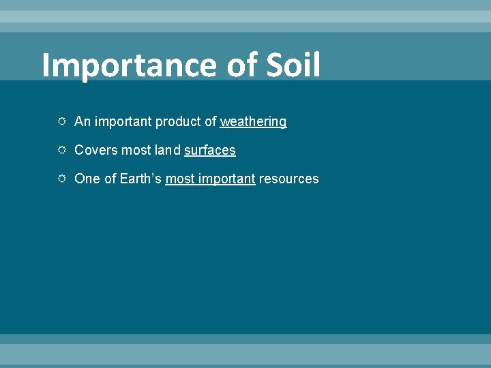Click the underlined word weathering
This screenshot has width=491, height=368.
(x=253, y=122)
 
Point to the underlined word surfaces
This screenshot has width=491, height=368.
(x=209, y=151)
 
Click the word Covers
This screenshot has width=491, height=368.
(x=95, y=151)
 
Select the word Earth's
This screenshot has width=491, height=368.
(x=140, y=179)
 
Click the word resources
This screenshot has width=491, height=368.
(x=288, y=179)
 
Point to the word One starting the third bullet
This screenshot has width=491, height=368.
(x=87, y=179)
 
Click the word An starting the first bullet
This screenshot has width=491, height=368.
(x=82, y=122)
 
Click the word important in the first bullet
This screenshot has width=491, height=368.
(x=123, y=122)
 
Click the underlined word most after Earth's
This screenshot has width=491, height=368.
(x=179, y=179)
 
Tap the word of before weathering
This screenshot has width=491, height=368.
(x=209, y=122)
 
